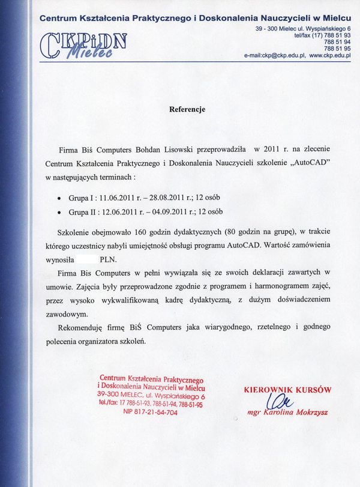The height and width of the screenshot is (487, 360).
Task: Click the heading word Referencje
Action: coord(187,109)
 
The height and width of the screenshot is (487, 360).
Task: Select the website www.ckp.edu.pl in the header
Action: coord(329,55)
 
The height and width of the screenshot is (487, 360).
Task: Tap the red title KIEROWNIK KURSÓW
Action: coord(286,389)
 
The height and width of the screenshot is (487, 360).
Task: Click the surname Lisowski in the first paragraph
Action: coord(197,148)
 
